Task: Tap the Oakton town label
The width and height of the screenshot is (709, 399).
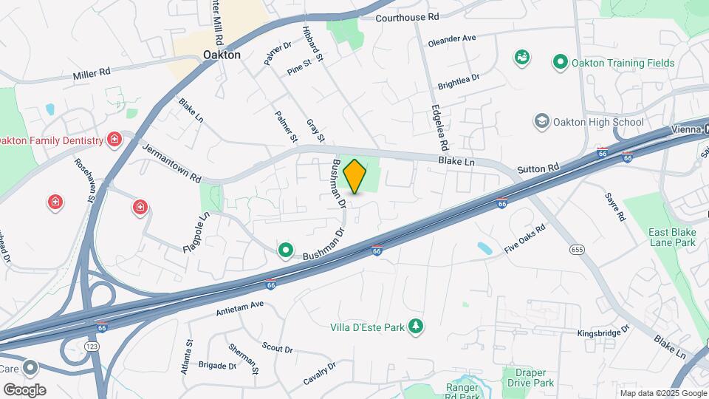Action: [222, 55]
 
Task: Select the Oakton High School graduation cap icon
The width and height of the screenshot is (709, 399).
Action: [542, 121]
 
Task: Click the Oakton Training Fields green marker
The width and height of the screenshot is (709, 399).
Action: [560, 63]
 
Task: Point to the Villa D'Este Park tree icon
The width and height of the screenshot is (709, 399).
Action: [417, 325]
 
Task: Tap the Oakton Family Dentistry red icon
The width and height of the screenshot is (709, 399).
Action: [114, 140]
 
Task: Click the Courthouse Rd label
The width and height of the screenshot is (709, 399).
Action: [407, 16]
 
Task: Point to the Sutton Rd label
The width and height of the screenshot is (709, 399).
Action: [537, 169]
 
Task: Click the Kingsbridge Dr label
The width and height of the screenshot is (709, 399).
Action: [603, 332]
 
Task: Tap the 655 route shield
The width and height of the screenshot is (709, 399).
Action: [578, 250]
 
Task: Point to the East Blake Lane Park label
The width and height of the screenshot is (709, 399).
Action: [672, 236]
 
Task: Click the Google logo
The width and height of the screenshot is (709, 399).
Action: [24, 389]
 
